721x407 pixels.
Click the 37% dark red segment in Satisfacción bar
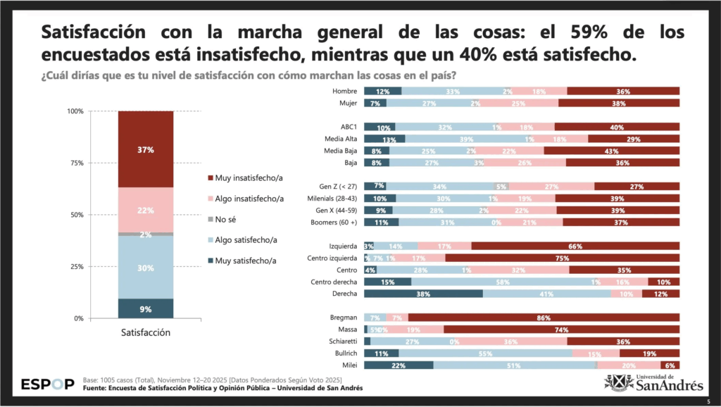pos(146,149)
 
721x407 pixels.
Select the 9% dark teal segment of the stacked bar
pos(146,308)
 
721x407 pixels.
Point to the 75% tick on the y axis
pos(75,163)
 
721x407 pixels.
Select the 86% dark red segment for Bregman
pos(543,318)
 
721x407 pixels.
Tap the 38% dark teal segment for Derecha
pos(423,294)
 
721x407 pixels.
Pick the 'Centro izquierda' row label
pos(333,258)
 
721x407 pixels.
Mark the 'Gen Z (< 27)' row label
pos(337,186)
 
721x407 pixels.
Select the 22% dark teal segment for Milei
pos(399,365)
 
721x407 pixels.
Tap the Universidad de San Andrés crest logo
pos(617,384)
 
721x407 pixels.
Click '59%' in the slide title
pos(612,32)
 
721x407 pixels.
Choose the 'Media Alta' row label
pos(341,139)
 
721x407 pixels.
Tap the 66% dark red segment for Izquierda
pos(575,246)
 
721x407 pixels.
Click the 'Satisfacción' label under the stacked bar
pos(145,332)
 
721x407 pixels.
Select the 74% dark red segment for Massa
pos(561,330)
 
